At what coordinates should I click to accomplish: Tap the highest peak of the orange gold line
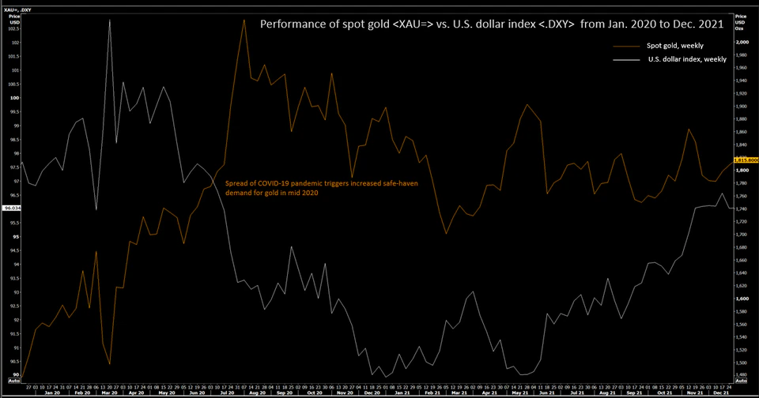click(x=243, y=20)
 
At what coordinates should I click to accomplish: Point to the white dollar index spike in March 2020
click(x=109, y=20)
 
